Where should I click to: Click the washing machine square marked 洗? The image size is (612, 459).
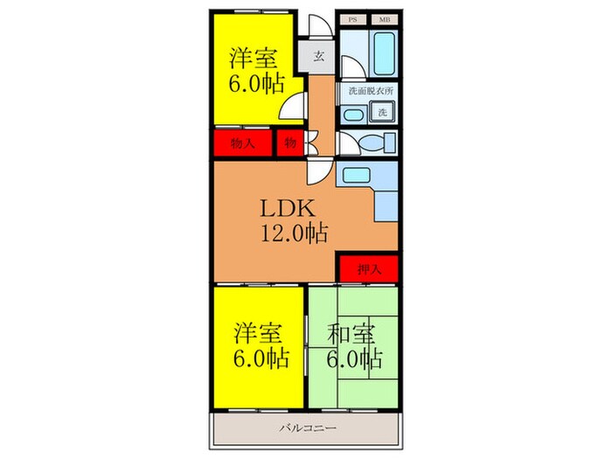(x=383, y=112)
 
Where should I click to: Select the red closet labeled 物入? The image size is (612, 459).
(x=242, y=143)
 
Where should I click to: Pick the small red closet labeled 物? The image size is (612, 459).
(x=289, y=143)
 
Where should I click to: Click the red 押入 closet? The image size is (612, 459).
(x=368, y=269)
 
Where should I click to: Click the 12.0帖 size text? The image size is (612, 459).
(x=292, y=234)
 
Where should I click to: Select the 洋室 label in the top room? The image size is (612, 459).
(x=254, y=59)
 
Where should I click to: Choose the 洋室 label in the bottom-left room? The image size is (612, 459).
(x=257, y=333)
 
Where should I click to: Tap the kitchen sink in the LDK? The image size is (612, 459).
(x=357, y=175)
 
